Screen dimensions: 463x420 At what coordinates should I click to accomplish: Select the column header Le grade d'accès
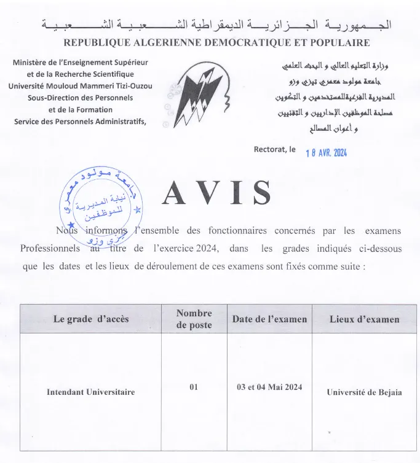pos(83,319)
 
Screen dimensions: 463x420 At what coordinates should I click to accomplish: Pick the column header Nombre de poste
pos(194,319)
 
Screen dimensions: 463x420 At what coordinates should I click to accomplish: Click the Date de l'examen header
pos(269,319)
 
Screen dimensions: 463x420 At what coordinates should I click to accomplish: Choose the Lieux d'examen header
pos(364,319)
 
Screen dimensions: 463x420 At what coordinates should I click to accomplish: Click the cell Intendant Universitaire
pos(90,392)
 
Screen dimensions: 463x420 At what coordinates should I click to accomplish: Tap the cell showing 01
pos(194,387)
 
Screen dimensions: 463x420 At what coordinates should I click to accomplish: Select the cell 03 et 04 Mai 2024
pos(269,387)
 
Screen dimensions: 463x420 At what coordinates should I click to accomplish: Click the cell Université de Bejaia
pos(364,392)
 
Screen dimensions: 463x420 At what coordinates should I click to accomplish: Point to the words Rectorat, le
pos(275,149)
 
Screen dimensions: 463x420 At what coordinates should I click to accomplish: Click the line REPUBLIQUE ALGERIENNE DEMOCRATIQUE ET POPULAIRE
pos(216,43)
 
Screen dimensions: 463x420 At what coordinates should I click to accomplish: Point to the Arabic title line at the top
pos(216,26)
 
